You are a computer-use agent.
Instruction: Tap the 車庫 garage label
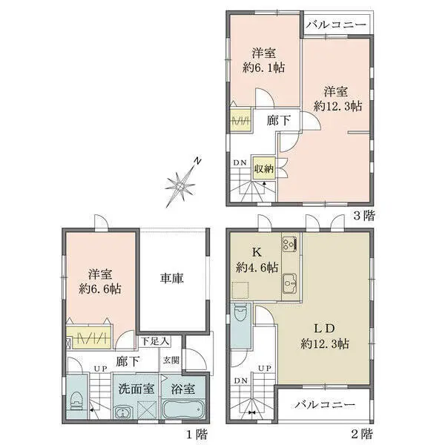pos(172,279)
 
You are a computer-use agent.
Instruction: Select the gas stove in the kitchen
pos(289,244)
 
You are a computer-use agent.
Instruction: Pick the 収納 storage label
pos(264,169)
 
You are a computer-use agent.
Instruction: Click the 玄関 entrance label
pos(171,360)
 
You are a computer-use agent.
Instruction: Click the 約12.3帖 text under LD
pos(325,344)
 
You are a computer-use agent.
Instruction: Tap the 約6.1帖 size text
pos(264,67)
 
